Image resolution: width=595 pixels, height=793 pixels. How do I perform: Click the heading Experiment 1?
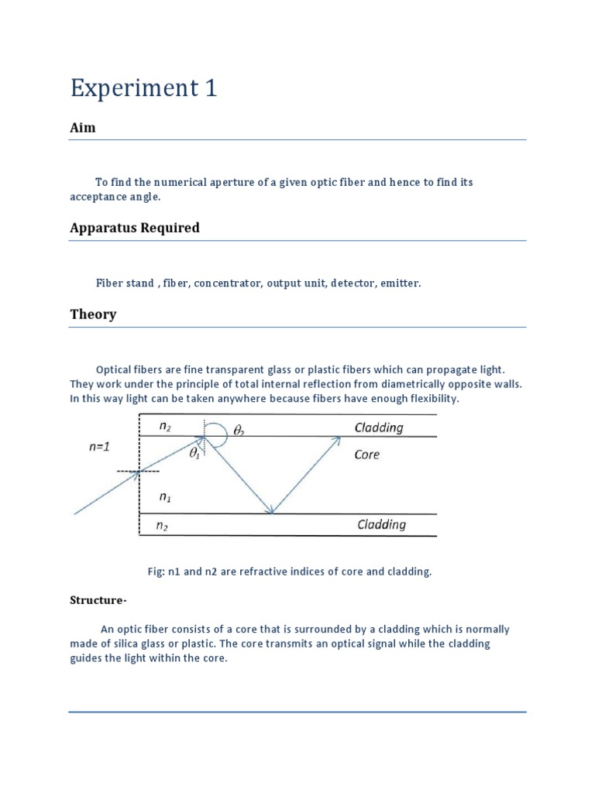143,88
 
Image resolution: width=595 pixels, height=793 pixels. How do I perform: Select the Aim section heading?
83,128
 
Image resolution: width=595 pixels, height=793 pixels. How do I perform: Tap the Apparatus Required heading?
135,228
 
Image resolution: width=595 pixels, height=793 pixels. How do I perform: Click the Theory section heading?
93,314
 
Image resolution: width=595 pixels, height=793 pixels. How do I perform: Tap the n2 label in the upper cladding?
164,426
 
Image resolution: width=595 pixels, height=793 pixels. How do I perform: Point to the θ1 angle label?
194,455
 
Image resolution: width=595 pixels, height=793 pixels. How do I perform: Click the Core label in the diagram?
366,455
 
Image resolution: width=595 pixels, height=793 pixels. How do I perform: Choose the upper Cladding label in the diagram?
379,427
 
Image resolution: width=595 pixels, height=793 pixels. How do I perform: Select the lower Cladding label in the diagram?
381,525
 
